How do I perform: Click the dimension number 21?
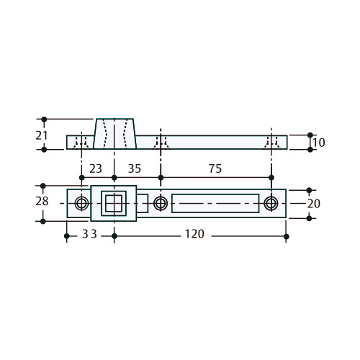(42, 135)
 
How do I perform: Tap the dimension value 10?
(319, 143)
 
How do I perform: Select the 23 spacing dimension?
(96, 168)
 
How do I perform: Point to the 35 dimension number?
(135, 168)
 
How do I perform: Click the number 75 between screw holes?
(215, 168)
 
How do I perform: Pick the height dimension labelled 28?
(42, 202)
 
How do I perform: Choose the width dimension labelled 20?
(314, 204)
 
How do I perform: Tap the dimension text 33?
(89, 234)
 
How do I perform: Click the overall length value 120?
(194, 234)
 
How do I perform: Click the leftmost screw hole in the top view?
(81, 203)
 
